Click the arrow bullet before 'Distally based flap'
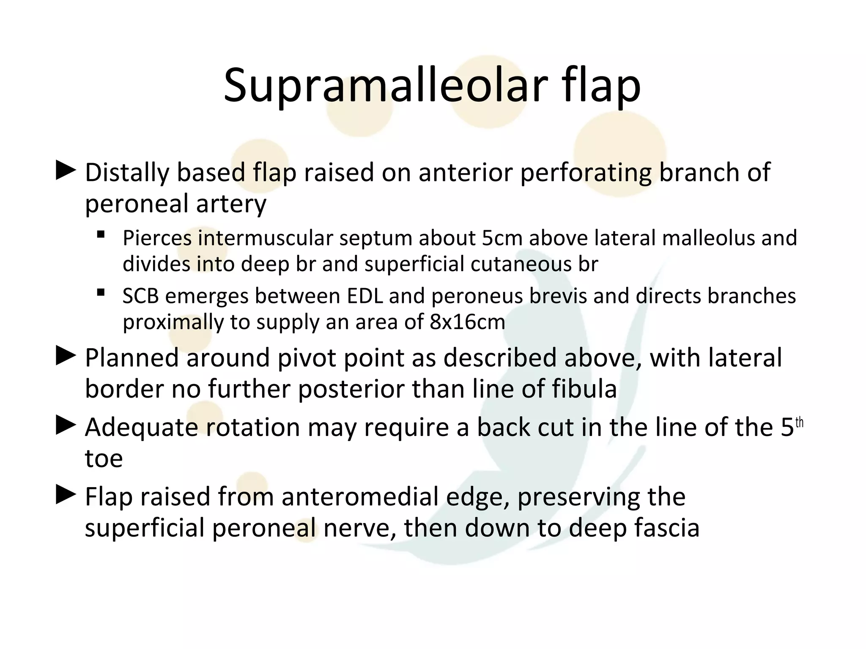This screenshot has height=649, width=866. [x=66, y=171]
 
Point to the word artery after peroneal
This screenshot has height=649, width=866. [x=231, y=205]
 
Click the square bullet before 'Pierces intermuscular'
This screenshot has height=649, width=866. [x=101, y=235]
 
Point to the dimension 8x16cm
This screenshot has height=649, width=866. [x=467, y=322]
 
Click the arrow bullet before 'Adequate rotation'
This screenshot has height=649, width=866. [x=66, y=425]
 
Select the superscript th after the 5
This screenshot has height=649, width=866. [x=799, y=423]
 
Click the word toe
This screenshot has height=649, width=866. [x=104, y=459]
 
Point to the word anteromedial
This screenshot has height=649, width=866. [x=360, y=497]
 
